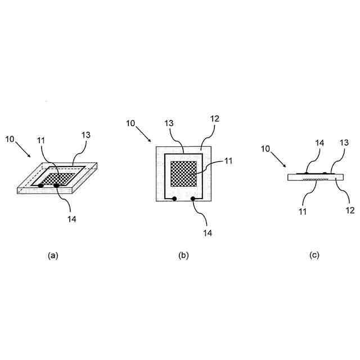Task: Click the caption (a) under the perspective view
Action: (53, 255)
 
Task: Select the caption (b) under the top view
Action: (183, 255)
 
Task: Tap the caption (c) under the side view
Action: (314, 255)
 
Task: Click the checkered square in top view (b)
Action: (183, 173)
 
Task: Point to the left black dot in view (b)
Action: (174, 199)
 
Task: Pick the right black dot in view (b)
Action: (192, 199)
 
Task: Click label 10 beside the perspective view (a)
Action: (11, 138)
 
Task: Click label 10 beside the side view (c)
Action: (267, 149)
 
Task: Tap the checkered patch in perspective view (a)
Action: (54, 178)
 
